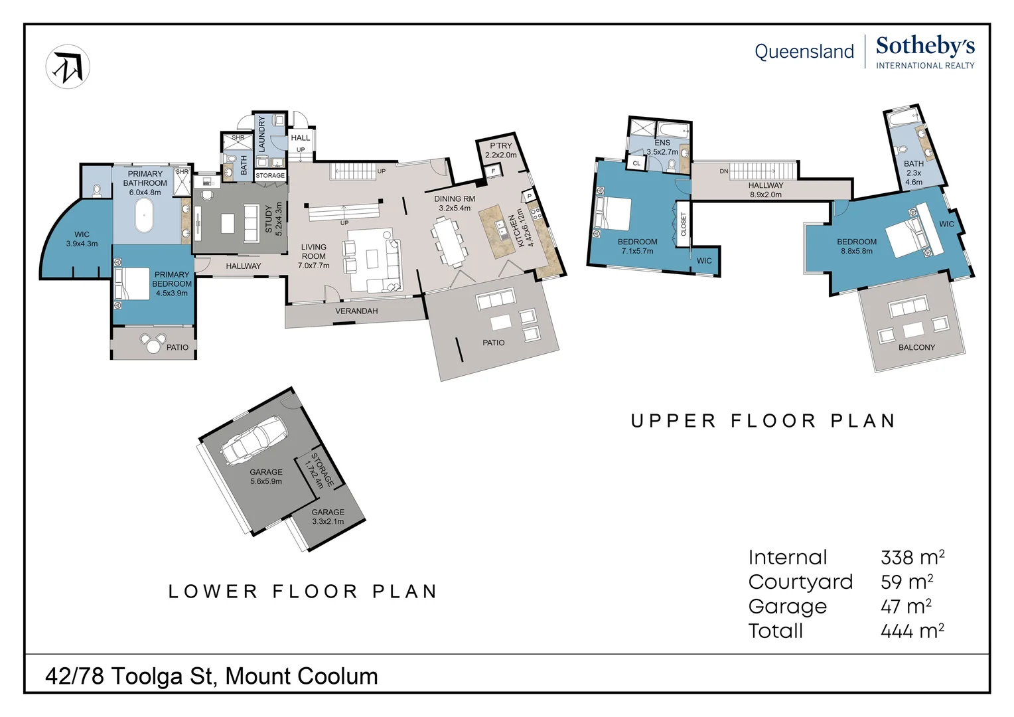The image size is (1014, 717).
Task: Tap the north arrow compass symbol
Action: pyautogui.click(x=68, y=67)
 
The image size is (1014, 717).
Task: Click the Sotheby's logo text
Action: pyautogui.click(x=924, y=46)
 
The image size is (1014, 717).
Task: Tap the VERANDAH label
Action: pyautogui.click(x=356, y=311)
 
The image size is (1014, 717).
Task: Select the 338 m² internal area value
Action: pyautogui.click(x=912, y=557)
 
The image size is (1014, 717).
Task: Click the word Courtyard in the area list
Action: pyautogui.click(x=800, y=582)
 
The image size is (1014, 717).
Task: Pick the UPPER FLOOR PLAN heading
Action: pyautogui.click(x=763, y=421)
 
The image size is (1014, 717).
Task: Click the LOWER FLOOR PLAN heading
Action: pyautogui.click(x=303, y=592)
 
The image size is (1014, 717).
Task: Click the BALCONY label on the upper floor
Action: pyautogui.click(x=916, y=347)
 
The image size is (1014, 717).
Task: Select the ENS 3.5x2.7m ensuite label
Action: pyautogui.click(x=662, y=147)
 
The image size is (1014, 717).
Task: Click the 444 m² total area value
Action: pyautogui.click(x=912, y=631)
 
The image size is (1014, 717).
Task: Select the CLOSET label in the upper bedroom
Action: pyautogui.click(x=684, y=224)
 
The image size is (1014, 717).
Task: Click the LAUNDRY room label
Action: pyautogui.click(x=261, y=133)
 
